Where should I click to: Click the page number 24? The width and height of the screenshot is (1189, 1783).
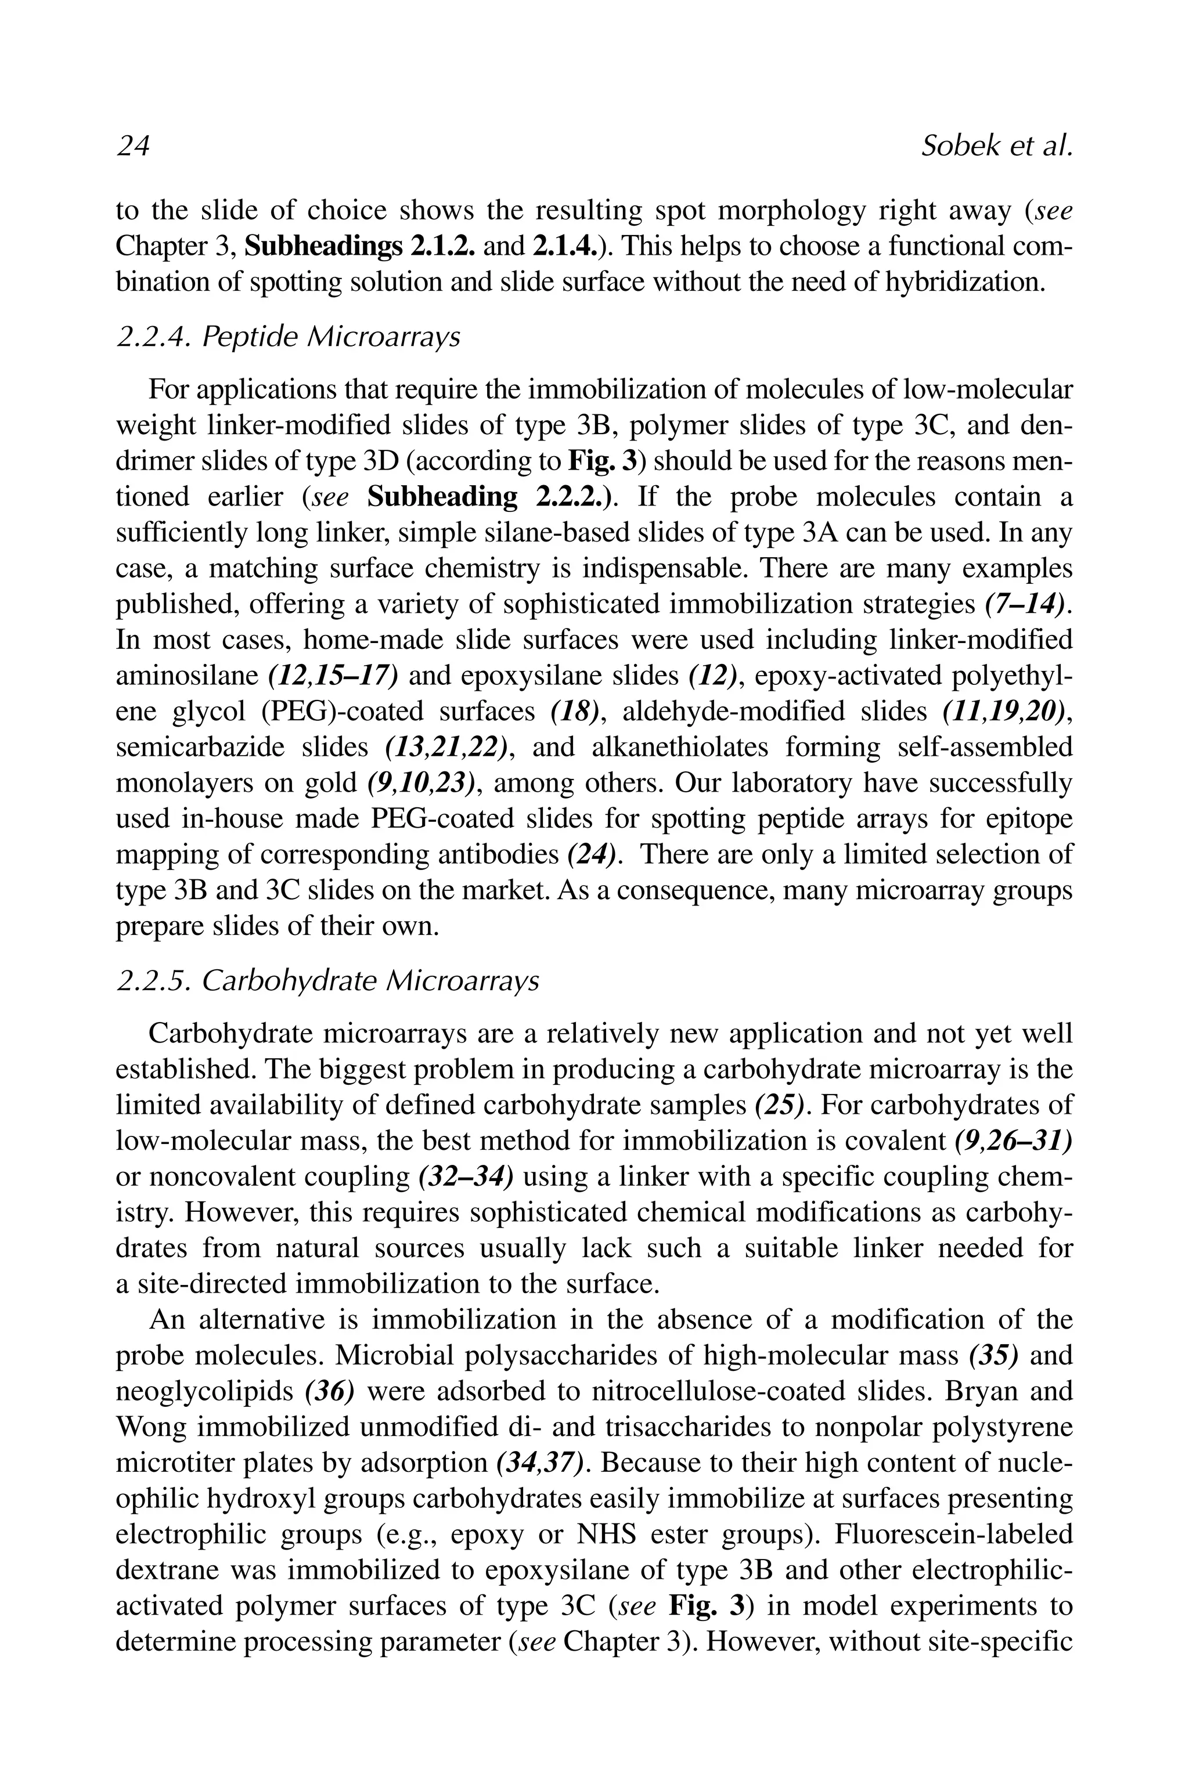click(x=133, y=146)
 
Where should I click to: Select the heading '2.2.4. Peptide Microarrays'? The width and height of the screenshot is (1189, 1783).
click(x=288, y=337)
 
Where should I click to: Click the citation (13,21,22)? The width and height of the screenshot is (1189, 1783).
click(x=445, y=747)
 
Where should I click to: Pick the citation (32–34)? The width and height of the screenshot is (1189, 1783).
click(x=466, y=1176)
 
